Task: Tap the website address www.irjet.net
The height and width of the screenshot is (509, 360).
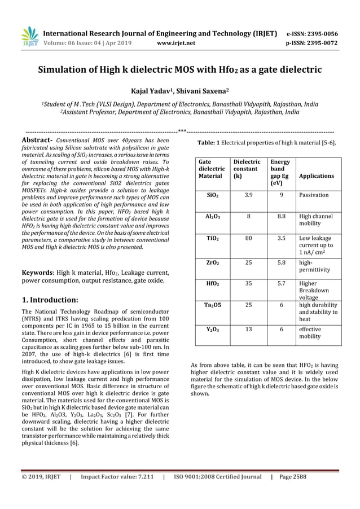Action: pos(177,42)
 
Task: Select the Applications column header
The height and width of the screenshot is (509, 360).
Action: pos(316,175)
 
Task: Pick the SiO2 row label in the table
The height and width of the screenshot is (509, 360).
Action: pos(213,195)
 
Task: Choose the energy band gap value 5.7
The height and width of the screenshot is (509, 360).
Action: pos(280,283)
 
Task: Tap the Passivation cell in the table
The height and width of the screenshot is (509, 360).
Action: pos(314,195)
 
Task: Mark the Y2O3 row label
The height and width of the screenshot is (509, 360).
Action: pos(213,328)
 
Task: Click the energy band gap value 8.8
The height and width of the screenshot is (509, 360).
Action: pos(280,216)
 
